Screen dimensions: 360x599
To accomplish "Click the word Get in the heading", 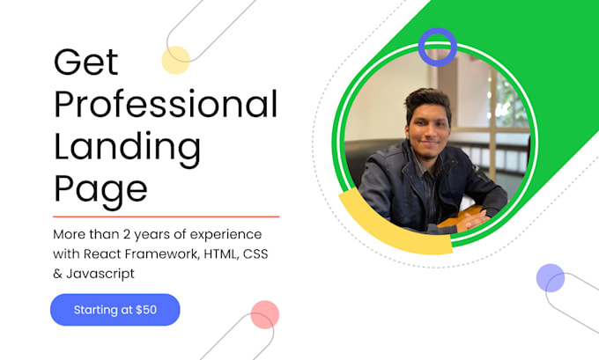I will (85, 63).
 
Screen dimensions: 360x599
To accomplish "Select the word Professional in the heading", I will (166, 106).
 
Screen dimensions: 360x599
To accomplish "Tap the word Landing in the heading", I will (127, 147).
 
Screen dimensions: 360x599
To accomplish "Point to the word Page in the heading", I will (100, 188).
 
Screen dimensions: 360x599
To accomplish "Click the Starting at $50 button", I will (115, 310).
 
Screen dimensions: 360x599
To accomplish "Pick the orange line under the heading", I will (166, 216).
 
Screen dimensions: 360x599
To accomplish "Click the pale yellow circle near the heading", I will (175, 60).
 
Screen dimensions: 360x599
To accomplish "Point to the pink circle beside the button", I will (264, 314).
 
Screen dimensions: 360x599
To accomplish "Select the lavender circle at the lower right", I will (550, 278).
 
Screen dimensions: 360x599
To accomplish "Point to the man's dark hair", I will (427, 99).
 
